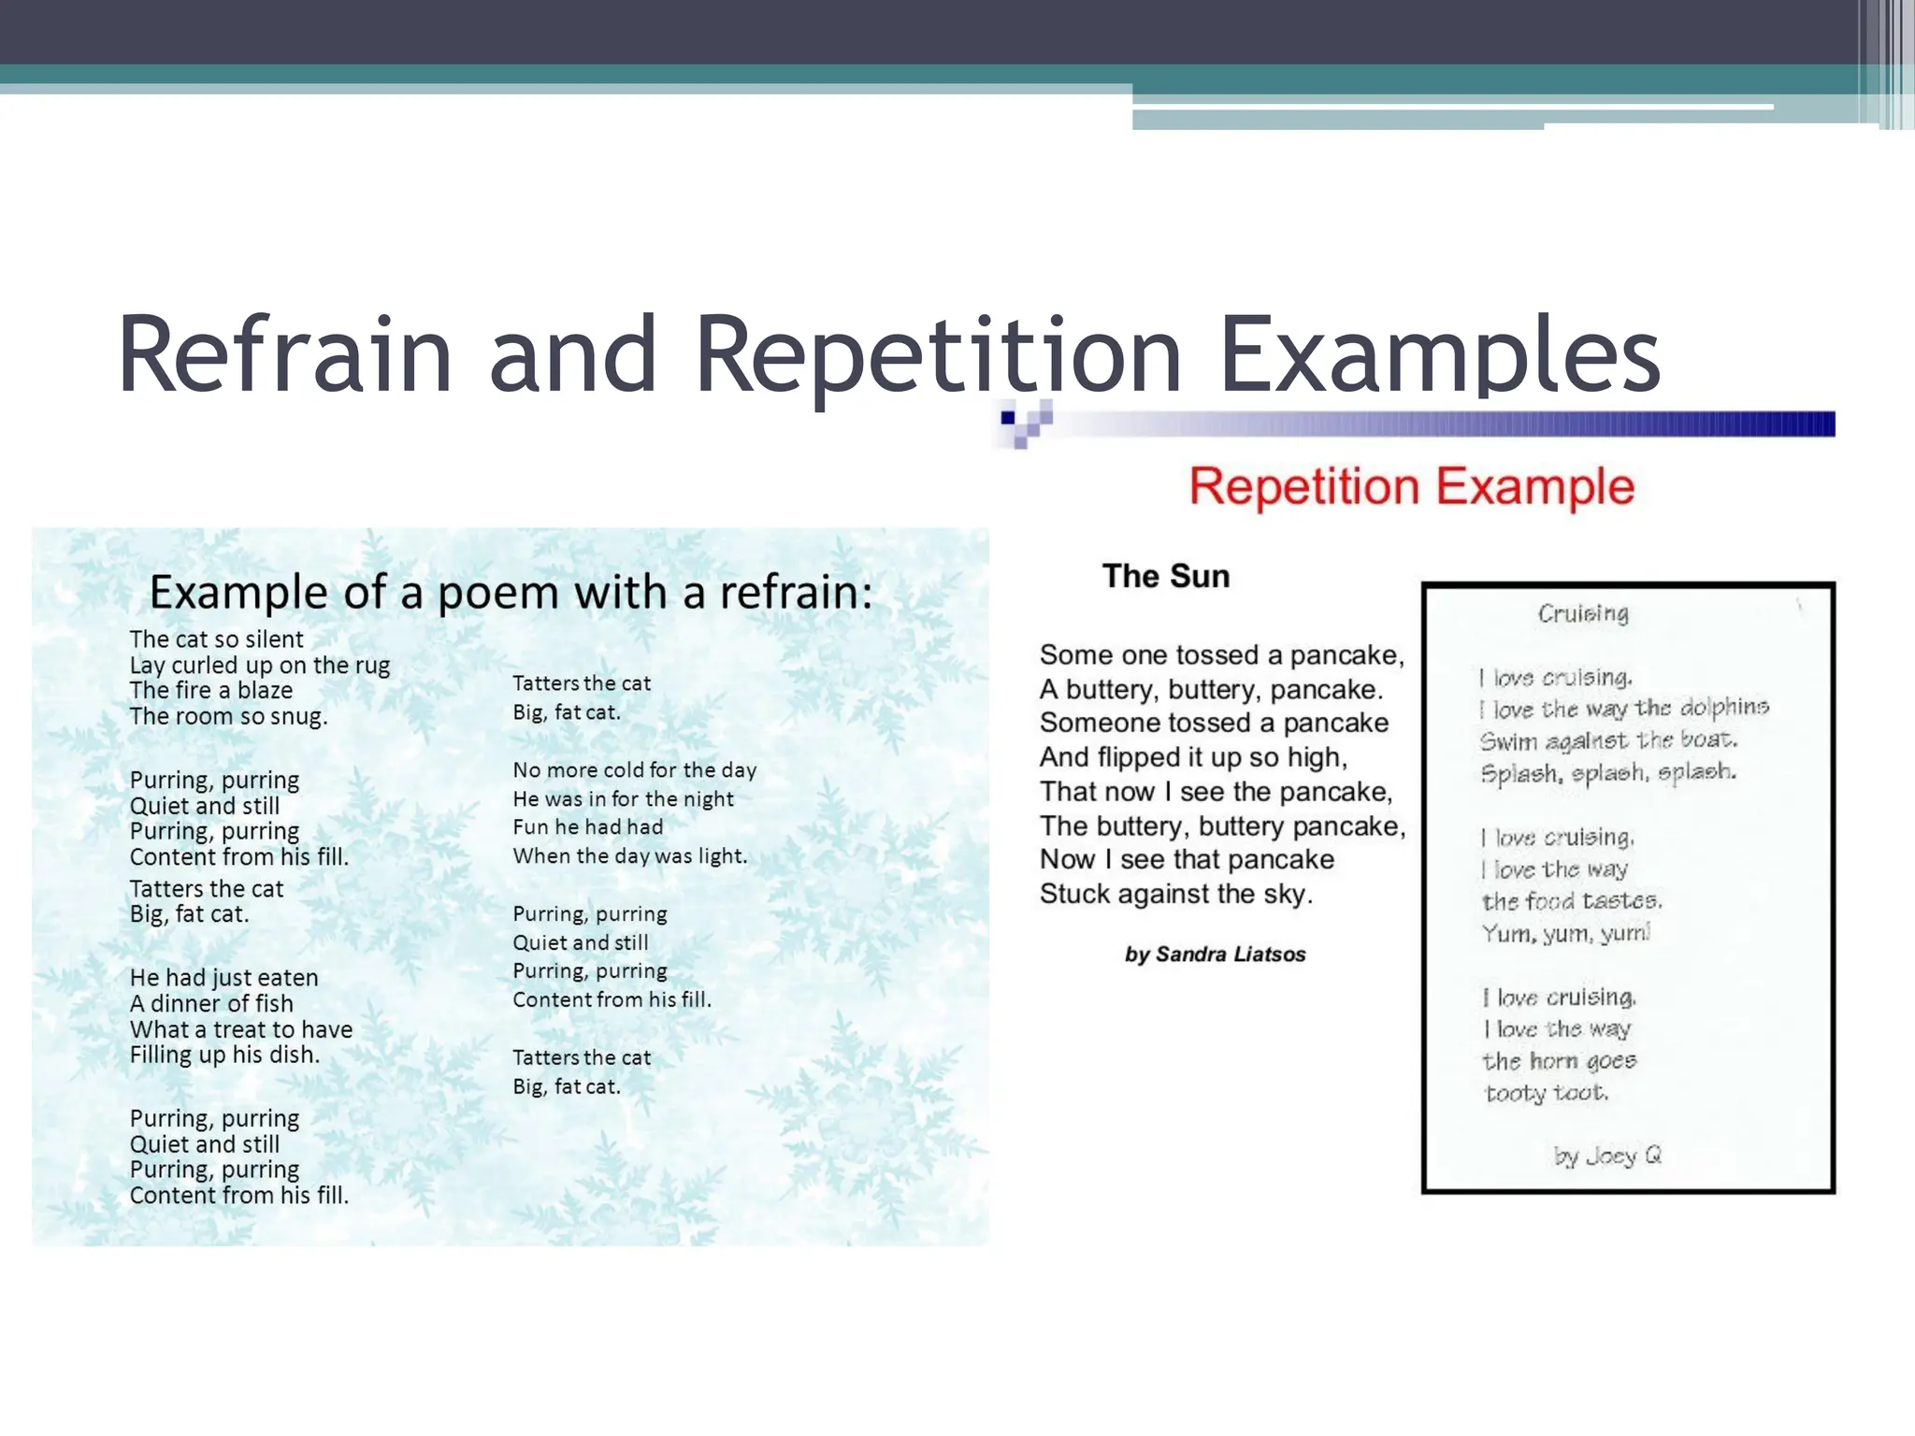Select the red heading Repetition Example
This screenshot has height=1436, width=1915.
tap(1411, 487)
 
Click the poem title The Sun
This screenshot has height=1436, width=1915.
tap(1166, 576)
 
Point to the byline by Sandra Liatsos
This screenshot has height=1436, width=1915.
tap(1215, 955)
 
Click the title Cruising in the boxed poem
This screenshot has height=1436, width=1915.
tap(1583, 613)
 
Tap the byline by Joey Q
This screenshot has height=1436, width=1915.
tap(1607, 1156)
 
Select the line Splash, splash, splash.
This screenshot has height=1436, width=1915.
tap(1608, 773)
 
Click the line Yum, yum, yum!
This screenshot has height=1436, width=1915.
tap(1566, 933)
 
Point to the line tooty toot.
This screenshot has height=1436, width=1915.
tap(1547, 1093)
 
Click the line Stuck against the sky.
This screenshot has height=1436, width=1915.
tap(1176, 895)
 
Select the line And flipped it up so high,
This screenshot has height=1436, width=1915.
tap(1193, 757)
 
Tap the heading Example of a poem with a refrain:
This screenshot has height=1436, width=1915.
tap(511, 593)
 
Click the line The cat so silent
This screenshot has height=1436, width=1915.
tap(216, 639)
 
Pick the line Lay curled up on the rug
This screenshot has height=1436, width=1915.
tap(259, 665)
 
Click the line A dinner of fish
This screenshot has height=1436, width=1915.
tap(211, 1003)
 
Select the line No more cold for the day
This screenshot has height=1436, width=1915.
tap(634, 770)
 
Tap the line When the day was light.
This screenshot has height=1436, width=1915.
tap(629, 856)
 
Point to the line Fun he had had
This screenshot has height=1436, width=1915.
tap(587, 827)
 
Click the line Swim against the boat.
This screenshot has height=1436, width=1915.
tap(1608, 740)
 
